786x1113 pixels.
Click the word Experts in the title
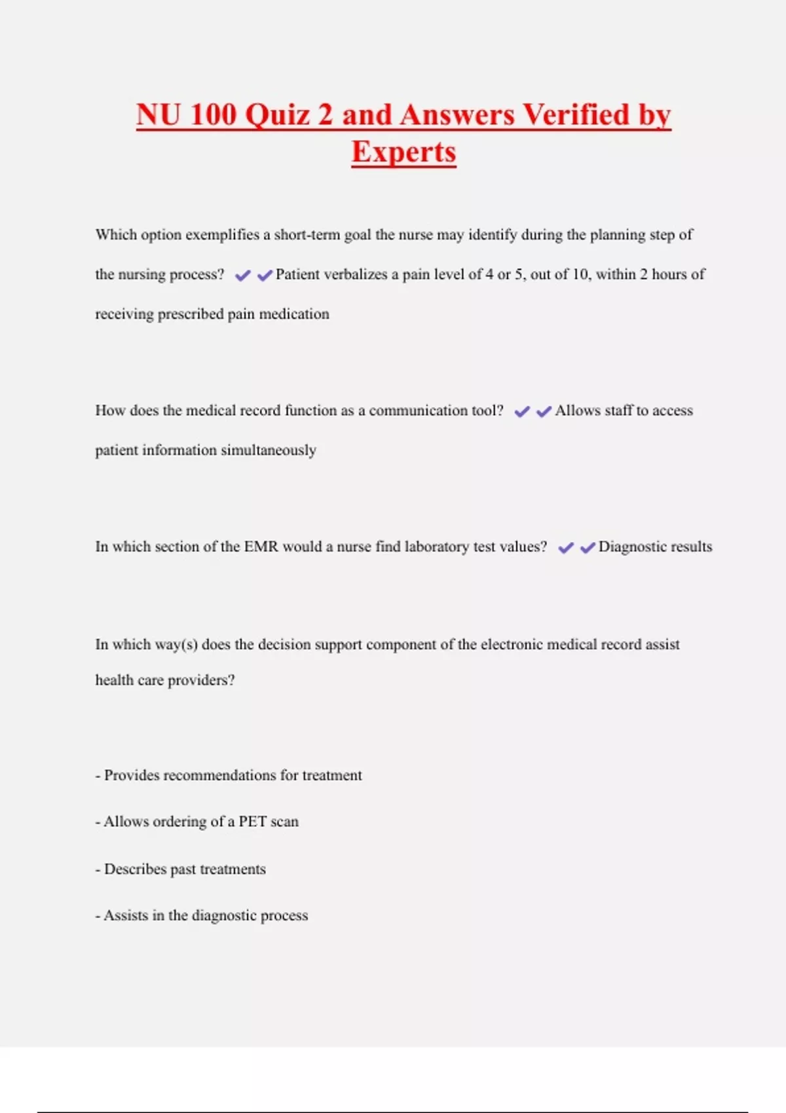point(403,152)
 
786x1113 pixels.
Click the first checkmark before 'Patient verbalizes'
point(243,276)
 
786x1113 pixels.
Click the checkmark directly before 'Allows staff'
point(544,412)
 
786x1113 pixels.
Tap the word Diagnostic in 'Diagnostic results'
point(631,547)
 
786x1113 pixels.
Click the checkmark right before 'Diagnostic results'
point(588,548)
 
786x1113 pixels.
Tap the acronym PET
point(252,822)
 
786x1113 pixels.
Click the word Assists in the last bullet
point(126,915)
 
